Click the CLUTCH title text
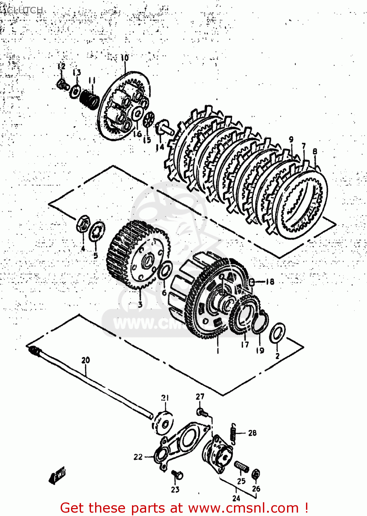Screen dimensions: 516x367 pyautogui.click(x=24, y=10)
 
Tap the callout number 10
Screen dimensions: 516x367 pyautogui.click(x=124, y=58)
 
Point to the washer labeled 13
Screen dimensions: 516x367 pyautogui.click(x=75, y=92)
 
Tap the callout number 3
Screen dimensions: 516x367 pyautogui.click(x=140, y=304)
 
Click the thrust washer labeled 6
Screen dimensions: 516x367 pyautogui.click(x=165, y=270)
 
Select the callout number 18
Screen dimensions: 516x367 pyautogui.click(x=270, y=282)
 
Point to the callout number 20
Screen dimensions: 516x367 pyautogui.click(x=85, y=360)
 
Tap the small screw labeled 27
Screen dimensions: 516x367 pyautogui.click(x=201, y=411)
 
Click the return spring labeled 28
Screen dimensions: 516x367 pyautogui.click(x=234, y=434)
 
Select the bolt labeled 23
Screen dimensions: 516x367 pyautogui.click(x=178, y=475)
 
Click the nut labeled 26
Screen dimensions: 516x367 pyautogui.click(x=256, y=474)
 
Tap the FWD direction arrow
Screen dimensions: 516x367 pyautogui.click(x=57, y=476)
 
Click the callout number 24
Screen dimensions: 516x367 pyautogui.click(x=236, y=498)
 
